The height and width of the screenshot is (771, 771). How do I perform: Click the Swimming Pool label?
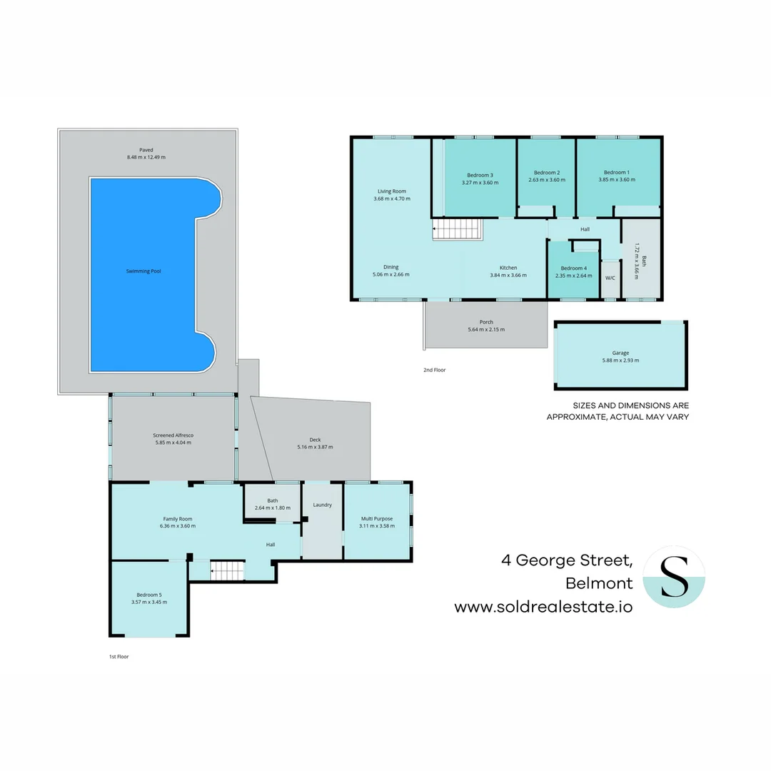point(143,271)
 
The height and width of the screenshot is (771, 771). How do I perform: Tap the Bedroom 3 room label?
point(480,175)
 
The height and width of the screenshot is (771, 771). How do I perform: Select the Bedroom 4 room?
point(573,272)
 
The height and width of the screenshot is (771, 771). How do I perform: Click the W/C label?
point(610,278)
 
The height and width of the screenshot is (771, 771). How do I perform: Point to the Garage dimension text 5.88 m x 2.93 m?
point(620,361)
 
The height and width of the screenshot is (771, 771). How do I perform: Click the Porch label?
point(485,322)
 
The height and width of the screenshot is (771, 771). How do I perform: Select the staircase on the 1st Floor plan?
point(228,571)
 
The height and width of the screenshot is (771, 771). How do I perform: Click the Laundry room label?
point(322,505)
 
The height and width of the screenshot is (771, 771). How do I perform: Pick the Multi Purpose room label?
point(376,519)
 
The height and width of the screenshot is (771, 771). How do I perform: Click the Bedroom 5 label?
point(149,595)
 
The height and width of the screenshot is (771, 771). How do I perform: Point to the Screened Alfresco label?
point(173,435)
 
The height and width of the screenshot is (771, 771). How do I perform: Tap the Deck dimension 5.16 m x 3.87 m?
point(315,447)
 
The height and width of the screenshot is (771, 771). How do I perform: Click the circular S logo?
point(674,577)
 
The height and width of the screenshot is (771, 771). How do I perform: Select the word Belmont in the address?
point(598,583)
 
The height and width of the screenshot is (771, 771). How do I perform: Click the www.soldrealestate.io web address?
point(543,608)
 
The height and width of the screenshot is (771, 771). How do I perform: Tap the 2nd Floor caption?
point(434,370)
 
